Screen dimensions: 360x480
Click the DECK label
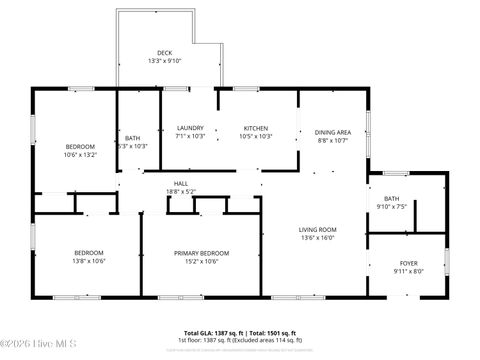(165, 53)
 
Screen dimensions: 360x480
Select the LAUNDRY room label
(190, 128)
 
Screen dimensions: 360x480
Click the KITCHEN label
(257, 128)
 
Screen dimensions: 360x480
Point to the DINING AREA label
(332, 132)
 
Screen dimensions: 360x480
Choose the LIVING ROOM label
(318, 230)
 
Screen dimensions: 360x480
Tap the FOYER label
(409, 263)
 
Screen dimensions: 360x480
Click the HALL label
(181, 183)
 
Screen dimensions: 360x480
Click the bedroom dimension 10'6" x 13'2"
(80, 155)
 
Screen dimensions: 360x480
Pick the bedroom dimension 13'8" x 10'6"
(89, 261)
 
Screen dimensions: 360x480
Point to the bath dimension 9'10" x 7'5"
(392, 207)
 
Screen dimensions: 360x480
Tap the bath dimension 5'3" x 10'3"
(132, 146)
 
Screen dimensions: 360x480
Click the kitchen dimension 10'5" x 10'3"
(257, 137)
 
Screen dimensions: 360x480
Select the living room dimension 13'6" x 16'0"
(318, 239)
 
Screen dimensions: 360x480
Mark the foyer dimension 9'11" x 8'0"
(409, 272)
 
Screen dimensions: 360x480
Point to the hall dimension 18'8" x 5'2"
(181, 192)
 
